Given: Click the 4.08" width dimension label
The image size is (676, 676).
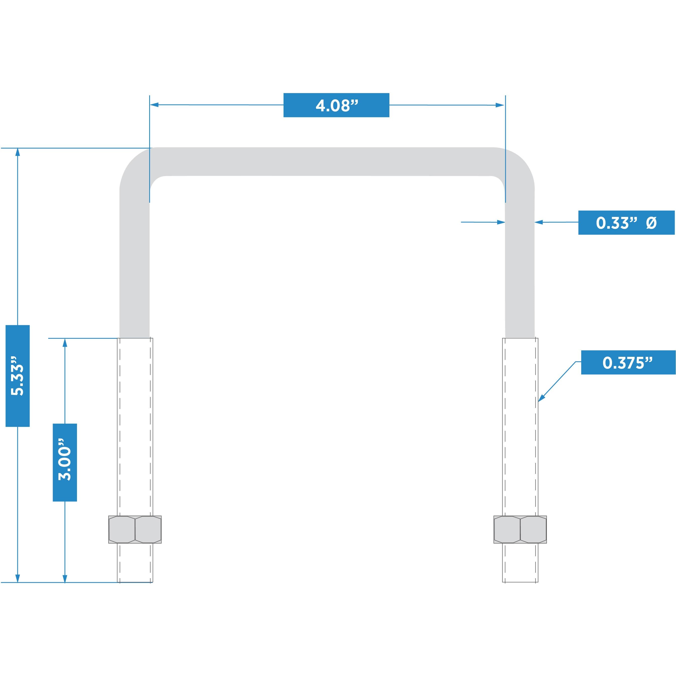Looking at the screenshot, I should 336,105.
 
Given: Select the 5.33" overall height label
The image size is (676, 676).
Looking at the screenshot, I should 18,376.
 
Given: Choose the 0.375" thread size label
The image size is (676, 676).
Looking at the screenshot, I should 628,363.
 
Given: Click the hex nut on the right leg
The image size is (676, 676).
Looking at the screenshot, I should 520,529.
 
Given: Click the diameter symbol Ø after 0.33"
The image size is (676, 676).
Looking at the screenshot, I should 651,223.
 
